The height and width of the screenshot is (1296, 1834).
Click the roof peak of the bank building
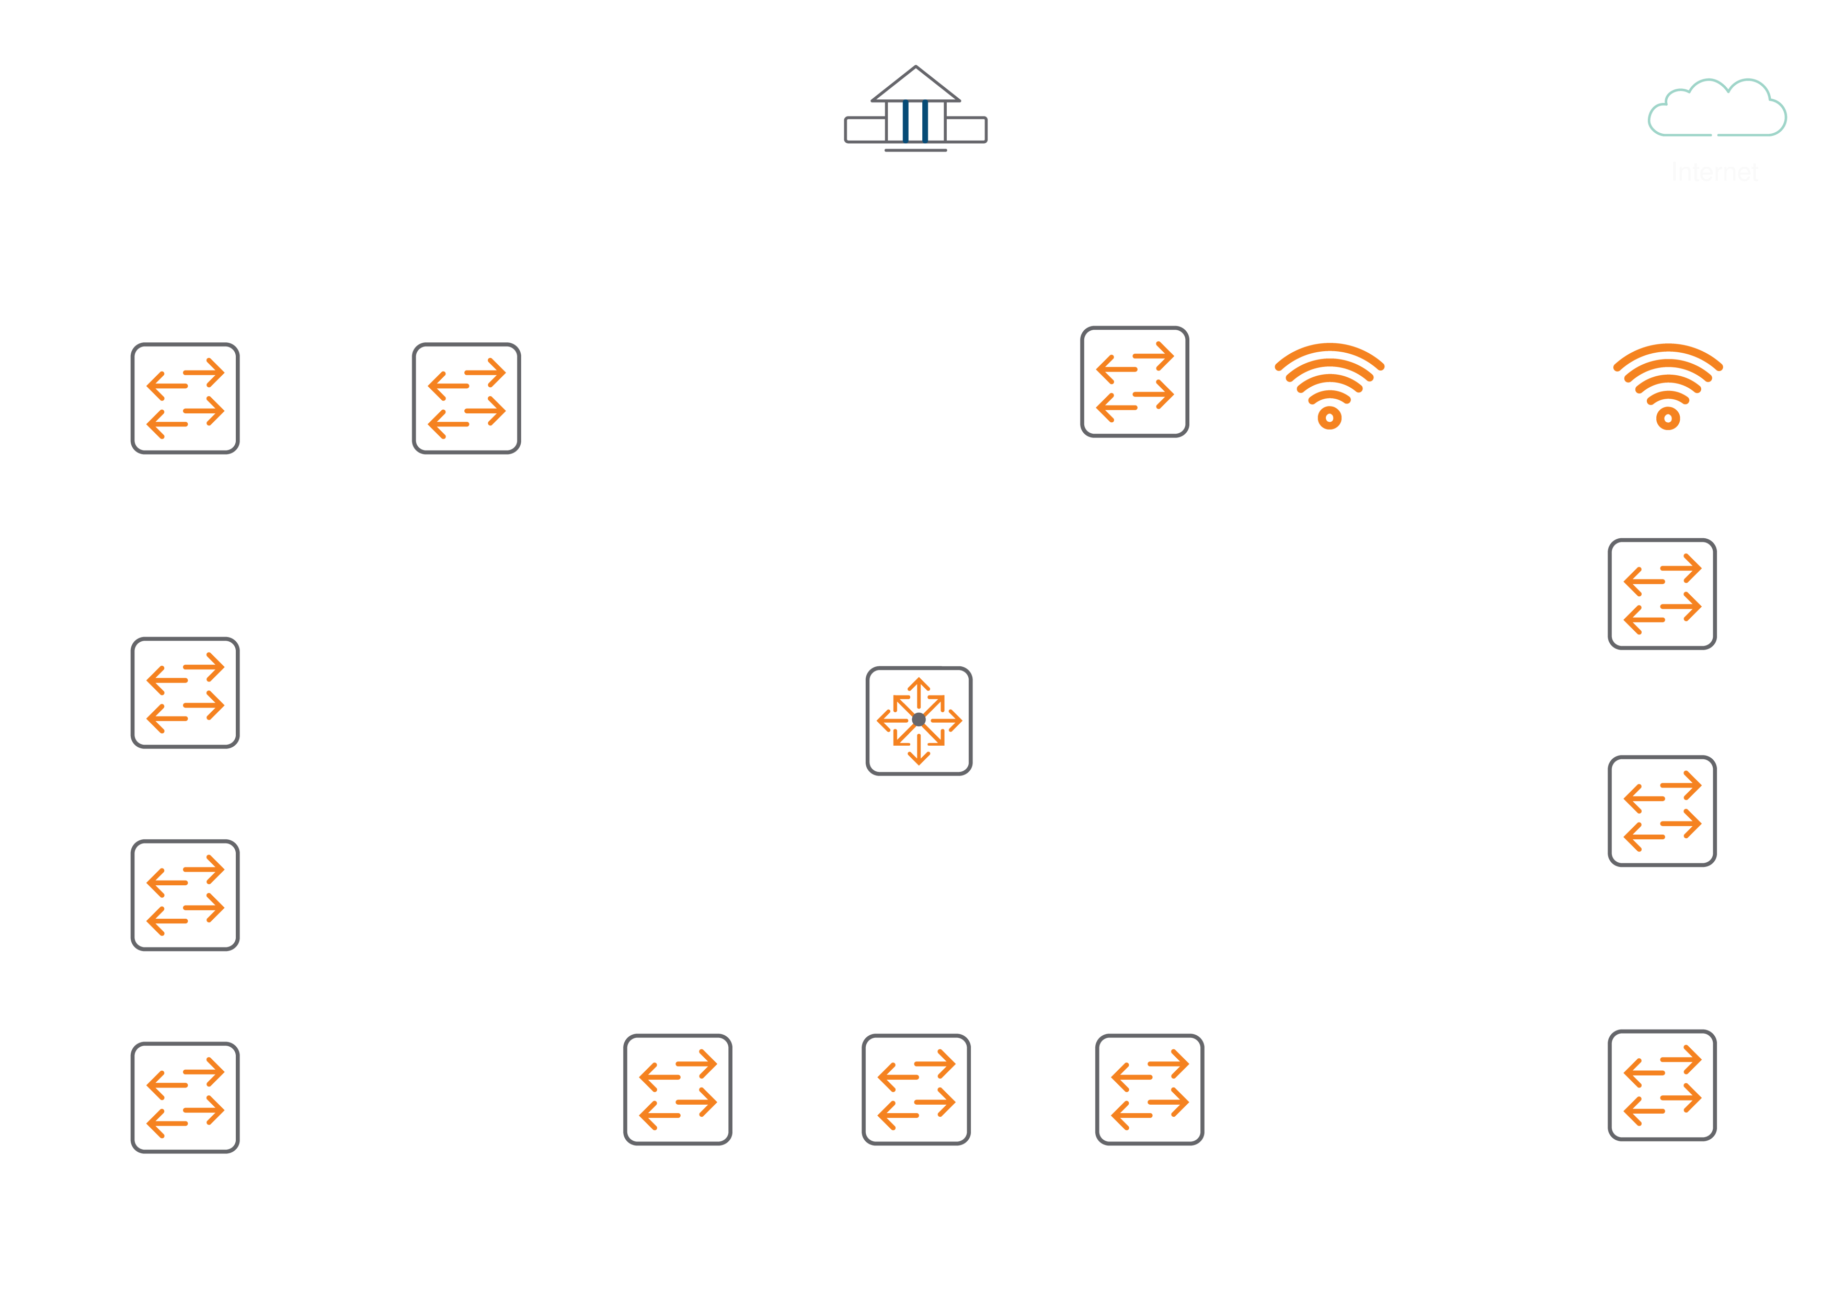tap(915, 67)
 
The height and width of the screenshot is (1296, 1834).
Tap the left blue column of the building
tap(906, 121)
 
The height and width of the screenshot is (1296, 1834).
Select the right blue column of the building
tap(925, 121)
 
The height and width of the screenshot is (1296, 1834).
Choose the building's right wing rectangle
tap(967, 130)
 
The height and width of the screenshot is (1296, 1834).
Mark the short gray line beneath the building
tap(915, 150)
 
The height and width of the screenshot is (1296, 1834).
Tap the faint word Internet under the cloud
tap(1714, 172)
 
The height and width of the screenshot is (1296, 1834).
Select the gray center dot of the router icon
tap(919, 720)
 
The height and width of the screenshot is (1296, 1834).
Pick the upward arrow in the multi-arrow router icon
tap(919, 687)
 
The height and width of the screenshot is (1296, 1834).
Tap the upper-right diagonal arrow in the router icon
tap(938, 701)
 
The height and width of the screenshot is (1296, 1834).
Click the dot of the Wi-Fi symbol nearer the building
tap(1329, 418)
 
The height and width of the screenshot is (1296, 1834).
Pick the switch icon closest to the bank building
tap(1134, 381)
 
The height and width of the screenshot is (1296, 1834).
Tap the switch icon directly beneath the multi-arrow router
tap(916, 1089)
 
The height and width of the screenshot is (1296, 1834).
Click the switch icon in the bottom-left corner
tap(185, 1097)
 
